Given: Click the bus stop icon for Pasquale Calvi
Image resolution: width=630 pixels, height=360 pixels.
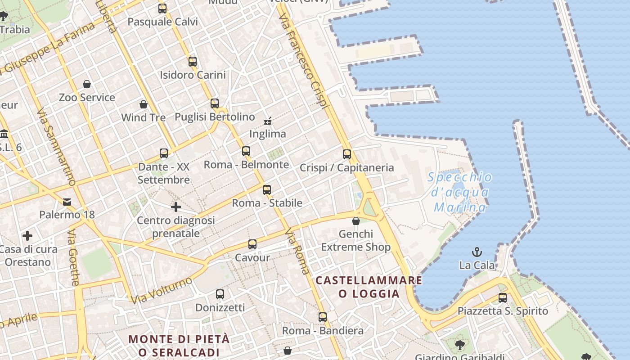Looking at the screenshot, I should (x=162, y=8).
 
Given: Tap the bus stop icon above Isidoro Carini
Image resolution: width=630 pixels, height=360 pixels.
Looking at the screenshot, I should (x=193, y=61).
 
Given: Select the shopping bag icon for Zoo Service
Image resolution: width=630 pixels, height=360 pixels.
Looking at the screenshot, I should (x=87, y=84).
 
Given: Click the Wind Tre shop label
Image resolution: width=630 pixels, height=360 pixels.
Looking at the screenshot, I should (x=144, y=117).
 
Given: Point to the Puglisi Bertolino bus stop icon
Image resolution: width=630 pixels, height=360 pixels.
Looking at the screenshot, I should (x=215, y=103).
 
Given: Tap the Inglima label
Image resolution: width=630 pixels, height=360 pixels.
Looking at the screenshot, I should (x=268, y=134).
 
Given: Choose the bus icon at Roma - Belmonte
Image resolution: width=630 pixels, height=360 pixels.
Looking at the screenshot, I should (x=246, y=151).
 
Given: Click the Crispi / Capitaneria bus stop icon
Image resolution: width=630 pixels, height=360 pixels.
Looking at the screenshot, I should (x=347, y=154).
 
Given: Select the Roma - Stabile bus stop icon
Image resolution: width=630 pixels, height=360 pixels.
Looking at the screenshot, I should (x=267, y=189).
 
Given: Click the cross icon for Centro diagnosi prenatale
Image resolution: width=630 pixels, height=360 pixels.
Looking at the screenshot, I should (x=176, y=207).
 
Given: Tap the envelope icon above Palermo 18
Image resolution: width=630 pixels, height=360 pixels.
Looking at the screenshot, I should (x=67, y=202).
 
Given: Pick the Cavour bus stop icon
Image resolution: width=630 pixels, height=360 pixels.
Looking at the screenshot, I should (x=252, y=244).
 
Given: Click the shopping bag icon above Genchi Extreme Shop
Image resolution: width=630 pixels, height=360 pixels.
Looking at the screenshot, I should (x=356, y=221).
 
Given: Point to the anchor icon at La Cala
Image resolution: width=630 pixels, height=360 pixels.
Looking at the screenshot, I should (x=477, y=252).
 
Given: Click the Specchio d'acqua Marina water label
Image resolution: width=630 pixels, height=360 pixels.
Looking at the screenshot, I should (x=460, y=192).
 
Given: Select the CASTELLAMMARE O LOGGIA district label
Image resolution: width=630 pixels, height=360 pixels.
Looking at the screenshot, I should (x=369, y=287).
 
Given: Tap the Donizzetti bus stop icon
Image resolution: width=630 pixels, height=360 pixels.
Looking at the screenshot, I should (x=220, y=294).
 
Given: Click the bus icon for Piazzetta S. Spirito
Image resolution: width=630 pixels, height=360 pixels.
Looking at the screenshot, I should (x=503, y=297).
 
